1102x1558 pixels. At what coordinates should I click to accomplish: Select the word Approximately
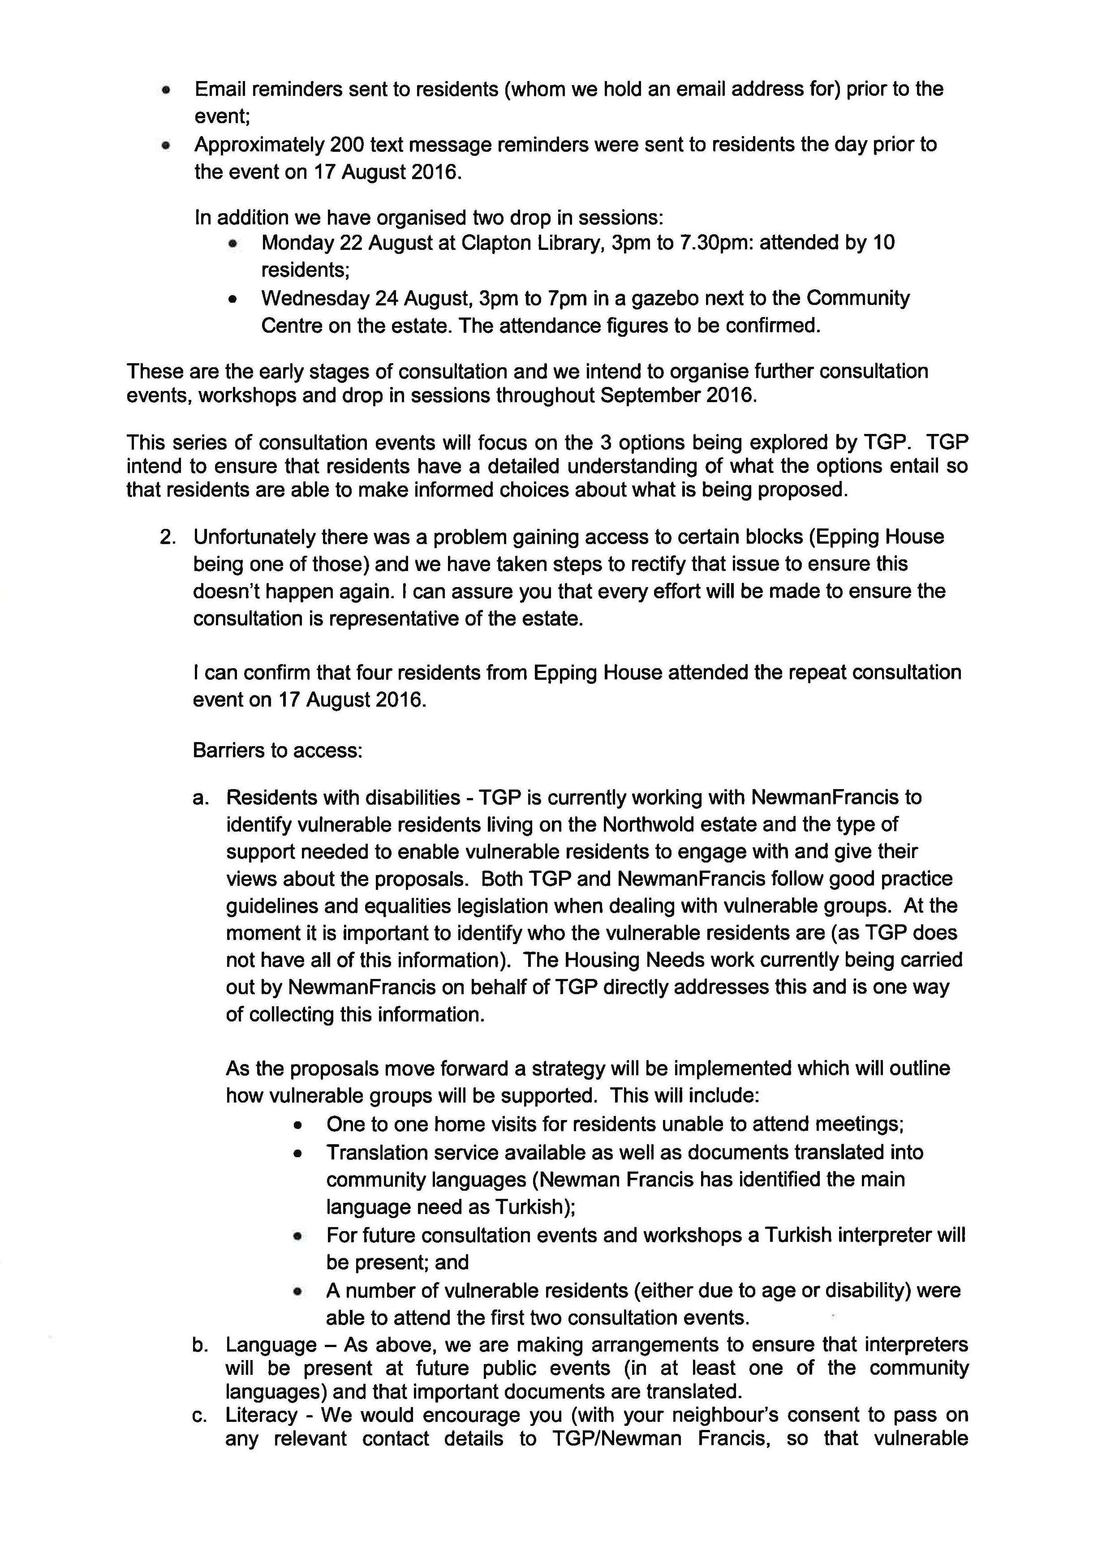(258, 145)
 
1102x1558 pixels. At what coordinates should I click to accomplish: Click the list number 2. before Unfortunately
(168, 537)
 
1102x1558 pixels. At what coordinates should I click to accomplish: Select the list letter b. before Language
(200, 1345)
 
